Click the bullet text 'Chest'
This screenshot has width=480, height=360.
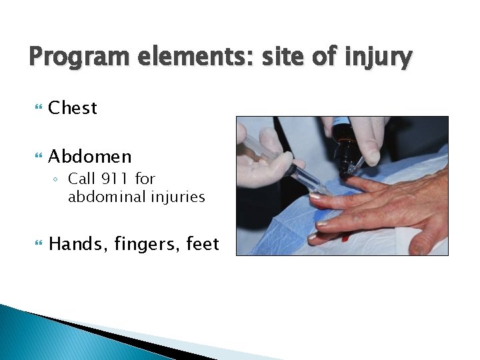click(73, 108)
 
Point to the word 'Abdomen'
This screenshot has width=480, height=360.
click(90, 157)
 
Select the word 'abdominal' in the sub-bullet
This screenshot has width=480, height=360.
click(101, 197)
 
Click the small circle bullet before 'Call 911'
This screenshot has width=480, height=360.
click(59, 179)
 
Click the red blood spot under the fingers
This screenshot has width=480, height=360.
click(345, 237)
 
